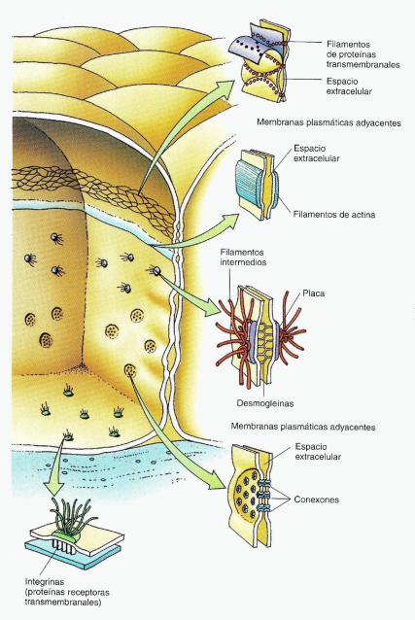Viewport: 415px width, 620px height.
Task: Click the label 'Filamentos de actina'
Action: point(334,215)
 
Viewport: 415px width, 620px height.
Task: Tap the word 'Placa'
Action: point(313,293)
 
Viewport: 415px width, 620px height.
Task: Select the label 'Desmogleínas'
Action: point(265,403)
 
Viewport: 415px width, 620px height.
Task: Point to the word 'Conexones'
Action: point(316,499)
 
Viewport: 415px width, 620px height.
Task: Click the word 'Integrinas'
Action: point(45,582)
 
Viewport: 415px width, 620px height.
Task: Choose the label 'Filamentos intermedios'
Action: point(243,257)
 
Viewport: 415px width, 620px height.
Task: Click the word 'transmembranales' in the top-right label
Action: point(363,64)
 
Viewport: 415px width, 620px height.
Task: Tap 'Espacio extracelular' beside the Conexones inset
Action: point(318,452)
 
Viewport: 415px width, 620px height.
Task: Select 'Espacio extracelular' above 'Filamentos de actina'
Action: point(316,154)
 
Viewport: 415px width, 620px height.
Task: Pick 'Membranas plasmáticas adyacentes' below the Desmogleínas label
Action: point(302,427)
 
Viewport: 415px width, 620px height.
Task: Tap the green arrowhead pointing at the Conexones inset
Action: point(220,480)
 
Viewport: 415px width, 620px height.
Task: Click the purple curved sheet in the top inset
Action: point(256,47)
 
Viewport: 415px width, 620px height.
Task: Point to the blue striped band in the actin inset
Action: point(248,181)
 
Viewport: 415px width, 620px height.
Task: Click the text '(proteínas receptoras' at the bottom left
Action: point(67,593)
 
